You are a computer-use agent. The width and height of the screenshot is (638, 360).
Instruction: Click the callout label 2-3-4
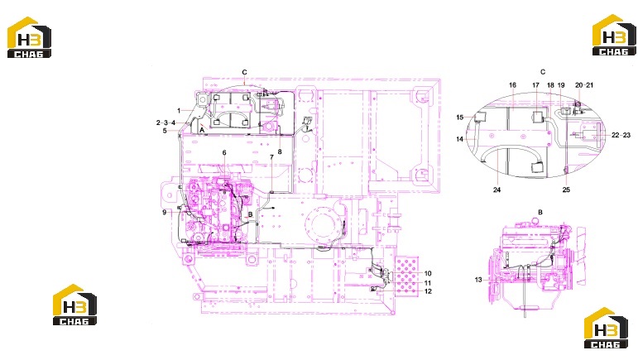165,122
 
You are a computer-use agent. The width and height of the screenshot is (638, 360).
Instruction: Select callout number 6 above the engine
224,152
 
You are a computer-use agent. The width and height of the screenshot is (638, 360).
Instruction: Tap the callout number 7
271,157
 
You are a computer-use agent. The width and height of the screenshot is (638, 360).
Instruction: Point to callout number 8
280,151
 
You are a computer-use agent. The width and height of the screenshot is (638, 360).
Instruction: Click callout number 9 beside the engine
165,213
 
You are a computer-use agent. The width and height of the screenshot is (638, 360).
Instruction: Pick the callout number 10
428,273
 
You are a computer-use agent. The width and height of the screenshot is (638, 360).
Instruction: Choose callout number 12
428,291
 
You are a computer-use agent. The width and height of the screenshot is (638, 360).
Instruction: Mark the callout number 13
478,280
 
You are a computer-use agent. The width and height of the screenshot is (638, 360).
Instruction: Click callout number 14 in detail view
460,139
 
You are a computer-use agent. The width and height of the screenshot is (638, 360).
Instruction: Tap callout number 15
460,118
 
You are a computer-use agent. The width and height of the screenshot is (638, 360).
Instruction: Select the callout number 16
512,85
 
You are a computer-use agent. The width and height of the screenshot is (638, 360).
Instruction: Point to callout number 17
535,85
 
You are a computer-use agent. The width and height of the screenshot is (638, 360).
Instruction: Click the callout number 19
561,85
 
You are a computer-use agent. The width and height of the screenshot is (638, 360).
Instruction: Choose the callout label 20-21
584,85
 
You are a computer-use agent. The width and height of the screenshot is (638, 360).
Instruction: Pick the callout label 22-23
621,135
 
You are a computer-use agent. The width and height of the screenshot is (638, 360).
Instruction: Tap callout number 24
496,190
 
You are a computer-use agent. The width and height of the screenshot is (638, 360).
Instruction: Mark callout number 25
566,190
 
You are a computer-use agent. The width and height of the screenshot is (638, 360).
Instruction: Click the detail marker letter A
202,130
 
